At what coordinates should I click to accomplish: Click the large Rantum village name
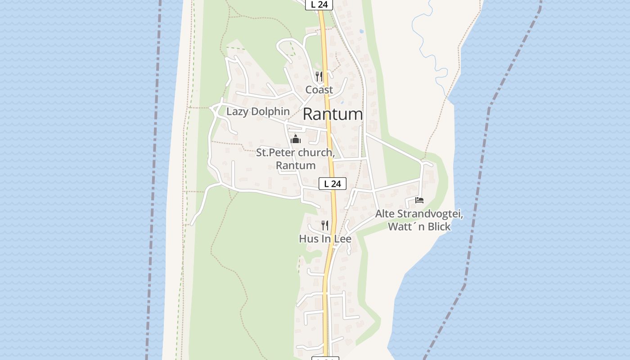[x=333, y=114]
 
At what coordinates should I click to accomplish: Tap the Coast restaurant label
[x=319, y=90]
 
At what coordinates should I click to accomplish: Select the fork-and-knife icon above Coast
[x=319, y=76]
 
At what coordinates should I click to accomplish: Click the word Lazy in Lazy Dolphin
[x=237, y=112]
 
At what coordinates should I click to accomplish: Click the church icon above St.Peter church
[x=296, y=139]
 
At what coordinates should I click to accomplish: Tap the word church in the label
[x=315, y=153]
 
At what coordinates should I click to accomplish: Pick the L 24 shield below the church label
[x=333, y=184]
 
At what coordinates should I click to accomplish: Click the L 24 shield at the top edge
[x=319, y=4]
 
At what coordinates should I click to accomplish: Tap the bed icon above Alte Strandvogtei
[x=419, y=200]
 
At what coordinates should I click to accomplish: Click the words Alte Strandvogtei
[x=419, y=214]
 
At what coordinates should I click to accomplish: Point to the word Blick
[x=439, y=227]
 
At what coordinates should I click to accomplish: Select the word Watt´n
[x=406, y=227]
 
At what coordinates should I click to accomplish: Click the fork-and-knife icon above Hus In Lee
[x=325, y=225]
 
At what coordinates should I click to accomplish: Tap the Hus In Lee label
[x=325, y=238]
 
